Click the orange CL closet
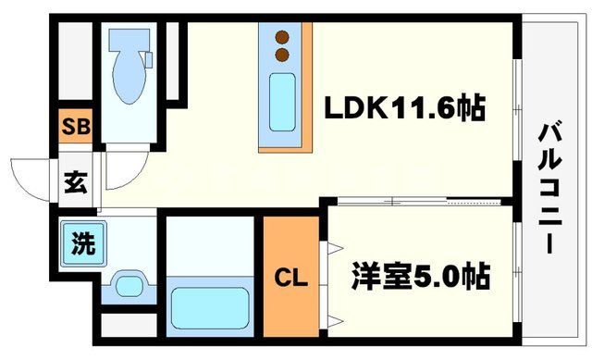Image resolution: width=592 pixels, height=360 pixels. tap(289, 276)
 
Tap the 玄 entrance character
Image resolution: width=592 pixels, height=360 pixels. tap(76, 181)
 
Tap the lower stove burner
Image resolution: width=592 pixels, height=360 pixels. tap(282, 55)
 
